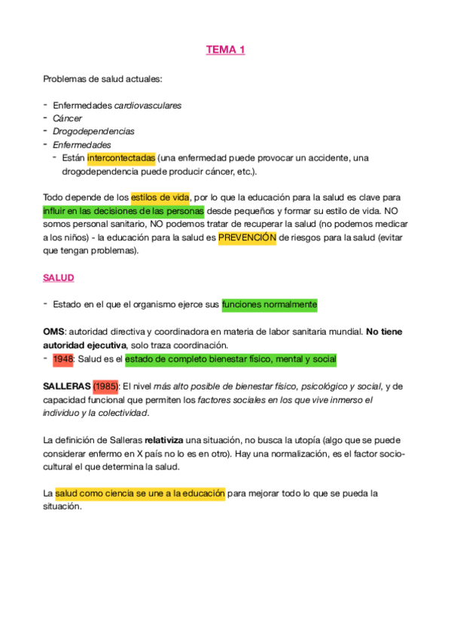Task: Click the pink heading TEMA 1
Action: coord(225,50)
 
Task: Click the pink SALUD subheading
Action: coord(59,278)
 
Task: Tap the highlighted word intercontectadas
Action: coord(121,158)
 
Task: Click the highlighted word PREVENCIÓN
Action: coord(247,238)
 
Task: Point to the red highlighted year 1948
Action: coord(63,359)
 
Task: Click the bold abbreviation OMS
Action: coord(54,332)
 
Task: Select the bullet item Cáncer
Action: coord(68,118)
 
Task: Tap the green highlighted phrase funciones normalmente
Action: coord(270,304)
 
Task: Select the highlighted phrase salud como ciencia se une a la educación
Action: coord(140,494)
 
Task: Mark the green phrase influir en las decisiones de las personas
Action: coord(123,211)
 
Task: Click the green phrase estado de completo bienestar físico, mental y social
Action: coord(230,359)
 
